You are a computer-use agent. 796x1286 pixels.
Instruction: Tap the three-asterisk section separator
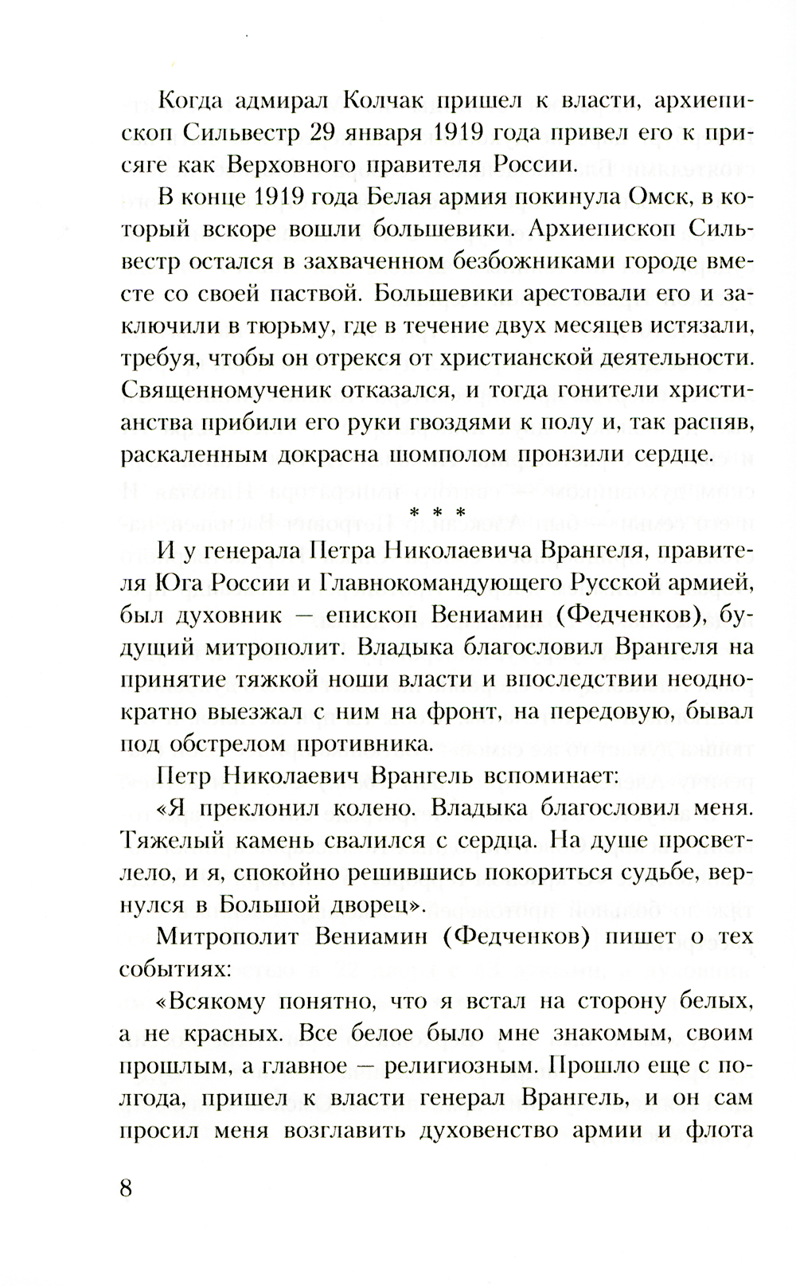(x=436, y=516)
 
